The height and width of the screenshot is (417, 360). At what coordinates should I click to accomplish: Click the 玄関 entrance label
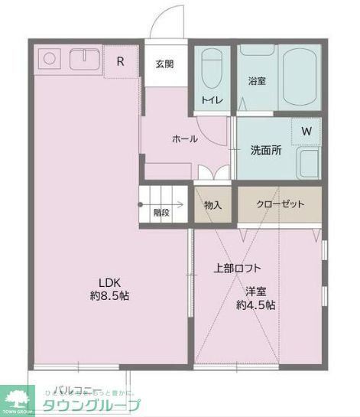(164, 64)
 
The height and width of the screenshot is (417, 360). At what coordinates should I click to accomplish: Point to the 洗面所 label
(265, 151)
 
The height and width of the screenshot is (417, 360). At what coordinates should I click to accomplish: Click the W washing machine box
(306, 132)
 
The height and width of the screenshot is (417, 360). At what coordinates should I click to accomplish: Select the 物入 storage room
(212, 204)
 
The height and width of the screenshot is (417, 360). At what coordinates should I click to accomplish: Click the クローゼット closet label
(280, 204)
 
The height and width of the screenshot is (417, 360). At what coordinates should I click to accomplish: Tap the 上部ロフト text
(237, 268)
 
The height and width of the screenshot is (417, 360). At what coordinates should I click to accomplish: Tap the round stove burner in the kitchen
(48, 58)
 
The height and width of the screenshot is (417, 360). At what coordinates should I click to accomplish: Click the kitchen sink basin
(82, 59)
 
